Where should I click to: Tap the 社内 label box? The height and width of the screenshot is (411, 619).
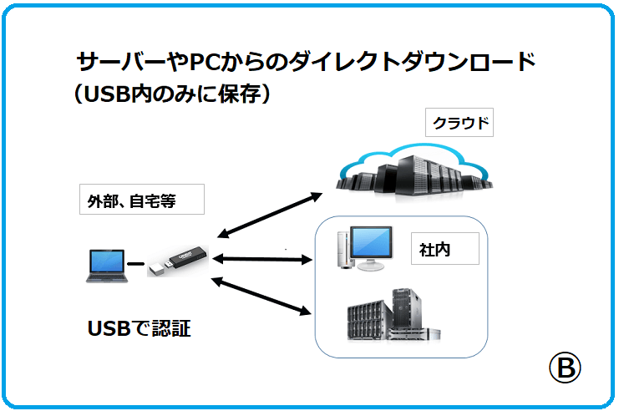(x=444, y=249)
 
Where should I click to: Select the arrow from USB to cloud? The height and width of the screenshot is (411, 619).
(x=267, y=215)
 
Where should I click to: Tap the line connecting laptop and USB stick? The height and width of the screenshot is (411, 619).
(x=136, y=265)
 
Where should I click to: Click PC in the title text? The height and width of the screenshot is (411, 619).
(x=204, y=63)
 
